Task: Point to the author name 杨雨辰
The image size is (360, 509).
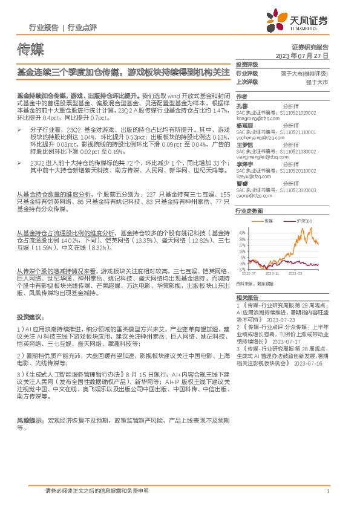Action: point(245,125)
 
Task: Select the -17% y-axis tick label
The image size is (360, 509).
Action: point(242,270)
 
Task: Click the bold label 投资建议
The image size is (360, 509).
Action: point(30,316)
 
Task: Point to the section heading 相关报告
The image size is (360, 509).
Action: point(247,297)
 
